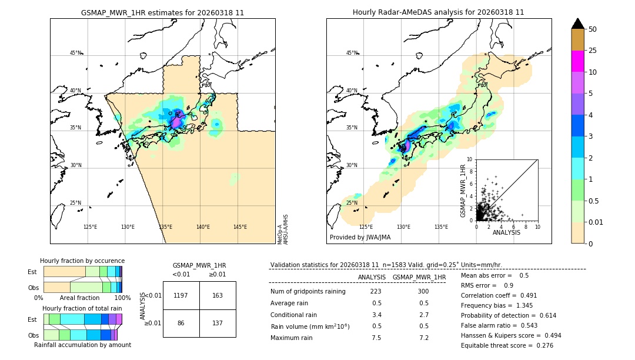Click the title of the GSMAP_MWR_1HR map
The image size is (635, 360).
pos(162,12)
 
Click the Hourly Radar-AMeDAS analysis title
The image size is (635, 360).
pos(438,12)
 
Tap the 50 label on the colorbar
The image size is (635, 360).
pos(593,29)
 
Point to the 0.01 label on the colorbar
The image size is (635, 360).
pos(596,222)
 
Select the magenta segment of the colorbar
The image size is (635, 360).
pos(577,61)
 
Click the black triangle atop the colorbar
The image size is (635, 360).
pos(577,24)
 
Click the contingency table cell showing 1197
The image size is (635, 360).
pos(181,295)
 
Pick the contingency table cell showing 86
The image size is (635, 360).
pos(181,324)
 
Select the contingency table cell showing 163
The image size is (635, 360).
pos(218,295)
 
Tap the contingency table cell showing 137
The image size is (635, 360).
pos(218,324)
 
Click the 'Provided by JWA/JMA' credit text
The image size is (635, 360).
pos(360,238)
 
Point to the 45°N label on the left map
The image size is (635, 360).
pos(75,53)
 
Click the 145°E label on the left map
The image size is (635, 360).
pos(240,227)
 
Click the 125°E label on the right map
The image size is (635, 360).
pos(366,227)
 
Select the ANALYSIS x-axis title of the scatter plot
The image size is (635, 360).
pos(506,232)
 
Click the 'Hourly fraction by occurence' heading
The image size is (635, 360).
pos(82,261)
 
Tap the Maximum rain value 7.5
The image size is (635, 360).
pos(376,338)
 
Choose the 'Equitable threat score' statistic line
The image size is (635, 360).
pos(507,345)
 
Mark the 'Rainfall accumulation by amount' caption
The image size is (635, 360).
pos(82,345)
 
